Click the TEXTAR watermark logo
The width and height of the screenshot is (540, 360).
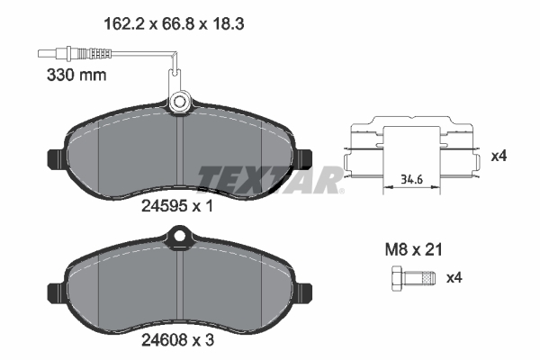(268, 177)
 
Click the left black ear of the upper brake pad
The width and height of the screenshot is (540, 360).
(57, 157)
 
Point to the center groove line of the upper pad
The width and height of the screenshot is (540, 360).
(181, 153)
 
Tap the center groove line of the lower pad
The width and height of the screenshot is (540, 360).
(181, 288)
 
